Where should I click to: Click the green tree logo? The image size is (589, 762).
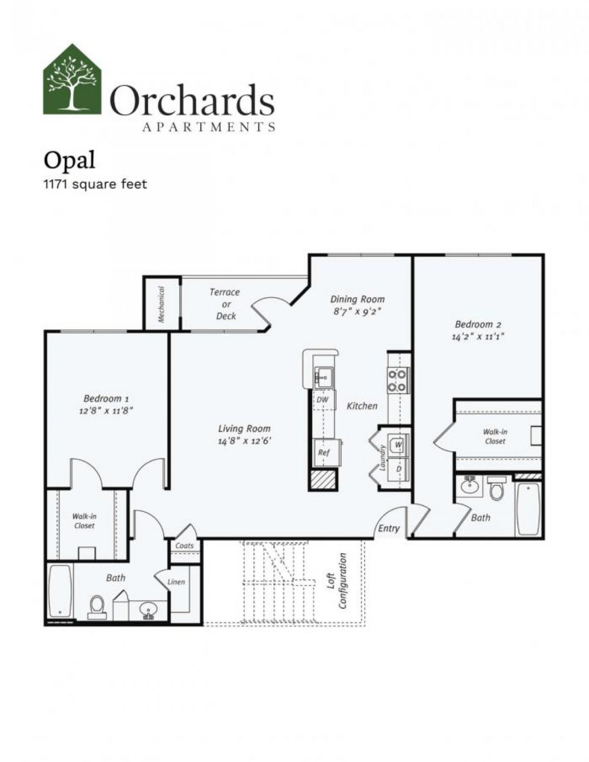pyautogui.click(x=73, y=80)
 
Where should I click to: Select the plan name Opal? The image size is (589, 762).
pyautogui.click(x=69, y=160)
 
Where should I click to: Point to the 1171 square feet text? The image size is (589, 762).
pyautogui.click(x=95, y=185)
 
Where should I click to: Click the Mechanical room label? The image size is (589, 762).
pyautogui.click(x=161, y=305)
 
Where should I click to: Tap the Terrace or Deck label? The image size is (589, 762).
pyautogui.click(x=225, y=304)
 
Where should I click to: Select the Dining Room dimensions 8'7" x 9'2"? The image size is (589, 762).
pyautogui.click(x=357, y=311)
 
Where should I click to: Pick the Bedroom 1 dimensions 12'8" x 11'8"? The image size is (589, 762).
pyautogui.click(x=107, y=410)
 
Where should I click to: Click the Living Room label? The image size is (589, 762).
pyautogui.click(x=244, y=428)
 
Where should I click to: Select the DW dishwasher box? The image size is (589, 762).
pyautogui.click(x=322, y=400)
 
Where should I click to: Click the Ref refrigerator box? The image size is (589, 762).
pyautogui.click(x=324, y=452)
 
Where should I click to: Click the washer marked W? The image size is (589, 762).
pyautogui.click(x=398, y=445)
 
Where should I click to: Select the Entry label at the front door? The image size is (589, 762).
pyautogui.click(x=389, y=529)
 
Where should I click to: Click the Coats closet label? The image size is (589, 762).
pyautogui.click(x=185, y=545)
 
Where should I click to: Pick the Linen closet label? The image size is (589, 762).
pyautogui.click(x=176, y=582)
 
